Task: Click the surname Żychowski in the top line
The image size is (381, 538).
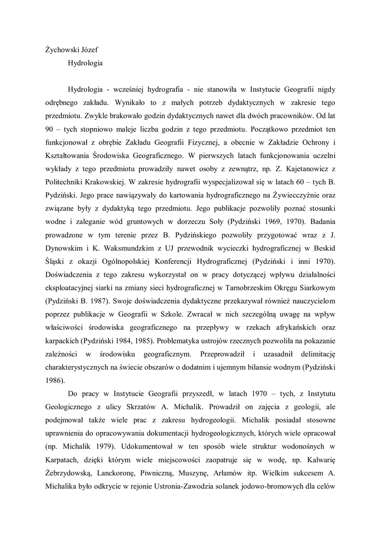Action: [62, 50]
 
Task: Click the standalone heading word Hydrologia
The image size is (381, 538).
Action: [85, 64]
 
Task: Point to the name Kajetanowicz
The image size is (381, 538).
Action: [298, 169]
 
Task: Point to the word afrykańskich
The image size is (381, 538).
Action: [289, 330]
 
